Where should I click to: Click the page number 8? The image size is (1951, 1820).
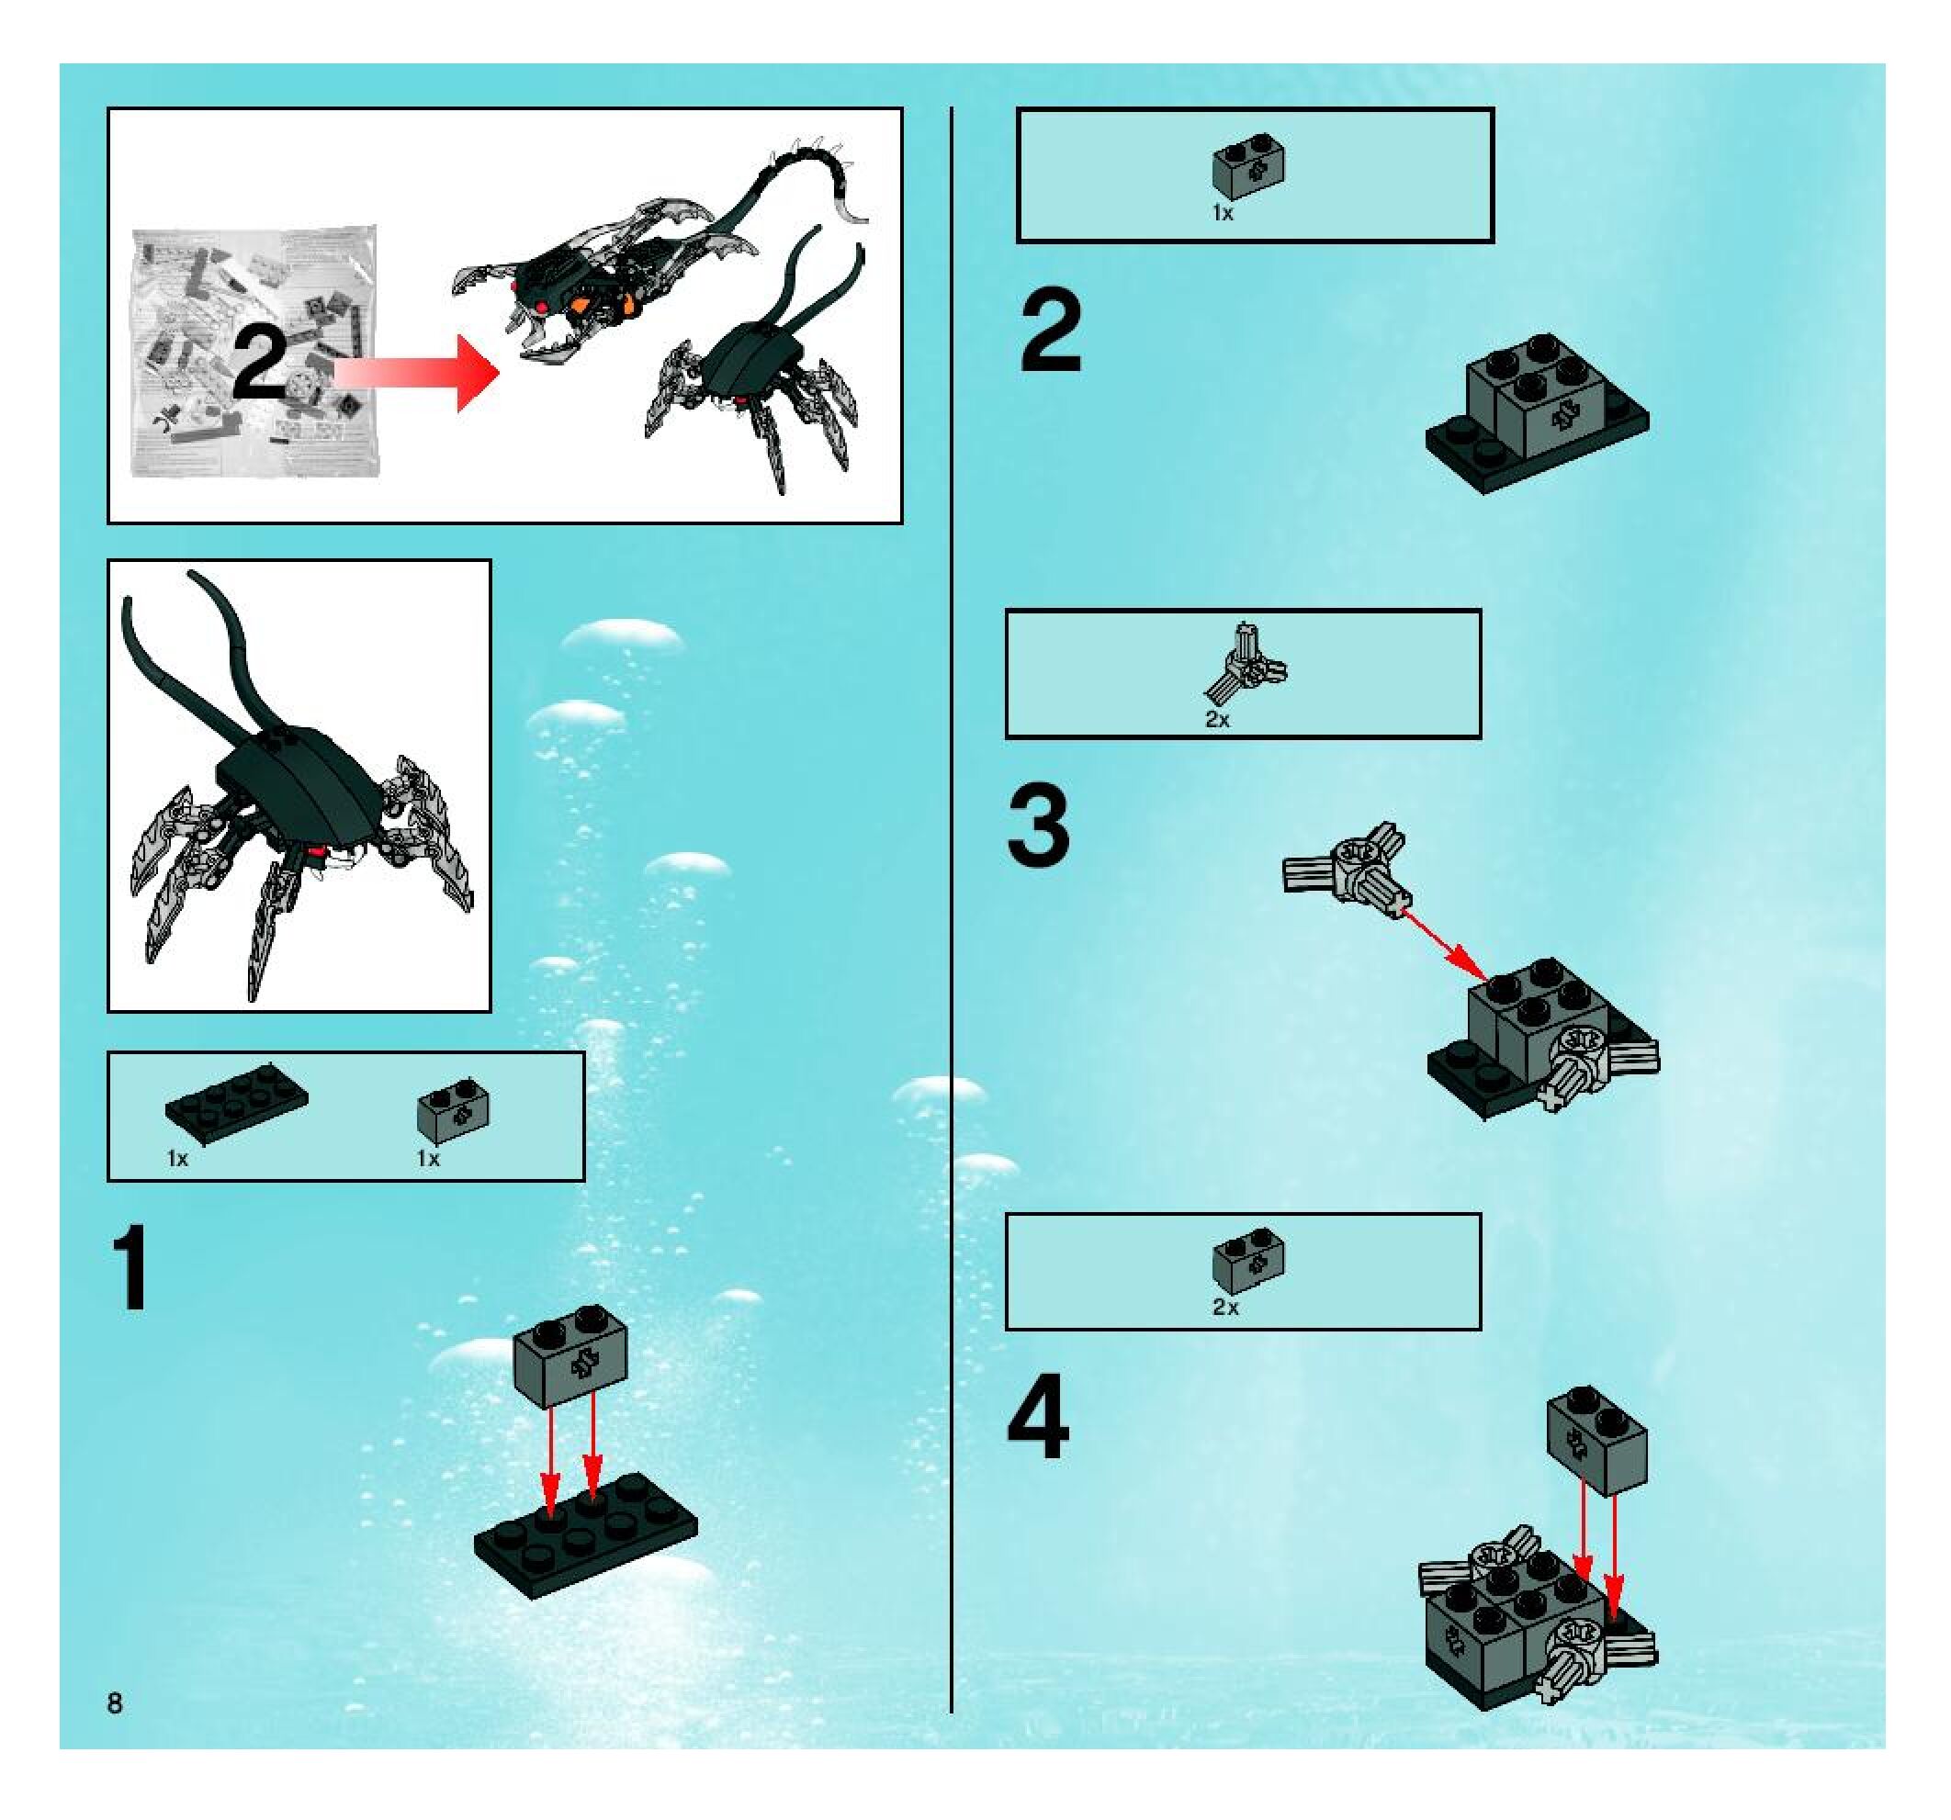pos(115,1703)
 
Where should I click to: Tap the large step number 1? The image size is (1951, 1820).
pos(130,1266)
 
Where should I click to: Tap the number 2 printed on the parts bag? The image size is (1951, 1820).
pos(260,363)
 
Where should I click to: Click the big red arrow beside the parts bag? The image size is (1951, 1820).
pos(418,372)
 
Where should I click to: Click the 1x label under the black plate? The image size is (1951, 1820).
pos(177,1159)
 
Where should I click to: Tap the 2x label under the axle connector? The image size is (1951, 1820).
pos(1218,719)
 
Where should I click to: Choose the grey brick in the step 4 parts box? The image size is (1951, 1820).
pos(1248,1261)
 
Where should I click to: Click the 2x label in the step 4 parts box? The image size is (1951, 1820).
pos(1225,1307)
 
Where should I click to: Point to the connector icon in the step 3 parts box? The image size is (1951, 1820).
pos(1245,663)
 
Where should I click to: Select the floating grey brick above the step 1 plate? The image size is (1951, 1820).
pos(570,1356)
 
